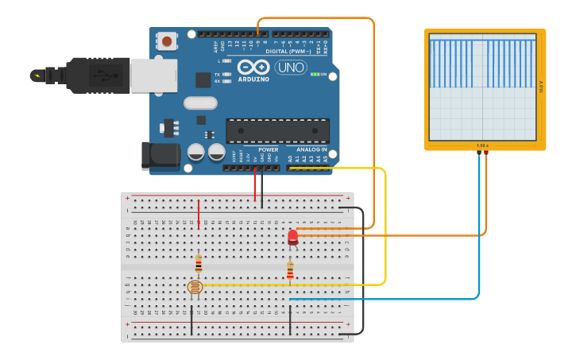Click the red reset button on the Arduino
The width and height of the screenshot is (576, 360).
click(167, 41)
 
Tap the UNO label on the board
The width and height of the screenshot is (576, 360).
click(291, 68)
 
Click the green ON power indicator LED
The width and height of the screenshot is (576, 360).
click(315, 74)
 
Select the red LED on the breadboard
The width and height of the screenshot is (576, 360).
click(292, 235)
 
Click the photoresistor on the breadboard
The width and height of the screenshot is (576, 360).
click(195, 288)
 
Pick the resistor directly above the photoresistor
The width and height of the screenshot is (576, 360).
click(199, 264)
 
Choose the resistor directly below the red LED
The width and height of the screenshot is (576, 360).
click(290, 272)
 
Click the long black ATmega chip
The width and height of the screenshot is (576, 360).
click(277, 131)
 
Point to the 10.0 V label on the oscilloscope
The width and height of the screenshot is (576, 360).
click(541, 87)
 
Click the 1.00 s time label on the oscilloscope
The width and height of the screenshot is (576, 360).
click(482, 145)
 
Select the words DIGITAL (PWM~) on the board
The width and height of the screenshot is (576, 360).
click(288, 52)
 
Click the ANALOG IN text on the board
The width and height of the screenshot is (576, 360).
click(311, 149)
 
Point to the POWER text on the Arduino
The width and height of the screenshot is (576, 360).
click(268, 149)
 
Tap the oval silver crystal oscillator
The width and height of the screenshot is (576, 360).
click(200, 103)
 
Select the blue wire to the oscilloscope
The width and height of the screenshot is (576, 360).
click(478, 238)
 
